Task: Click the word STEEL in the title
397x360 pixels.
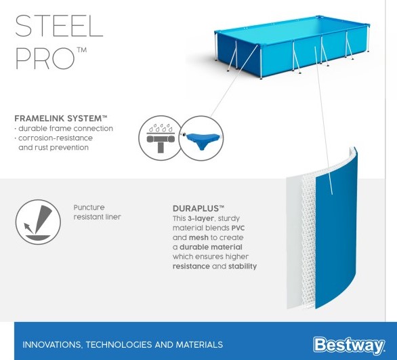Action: tap(59, 26)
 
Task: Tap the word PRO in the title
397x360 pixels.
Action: tap(45, 58)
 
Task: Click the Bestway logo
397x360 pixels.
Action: tap(349, 344)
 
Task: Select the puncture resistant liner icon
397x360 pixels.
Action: tap(38, 222)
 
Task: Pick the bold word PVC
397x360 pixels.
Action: tap(238, 228)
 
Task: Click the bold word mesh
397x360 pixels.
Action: tap(198, 238)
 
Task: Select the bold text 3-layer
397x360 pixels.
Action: tap(201, 218)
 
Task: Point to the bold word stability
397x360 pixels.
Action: tap(243, 266)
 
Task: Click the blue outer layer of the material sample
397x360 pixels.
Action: tap(336, 228)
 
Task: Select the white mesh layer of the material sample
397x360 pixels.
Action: tap(309, 241)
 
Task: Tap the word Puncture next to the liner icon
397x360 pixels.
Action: tap(89, 207)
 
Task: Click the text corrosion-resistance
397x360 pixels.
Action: tap(56, 138)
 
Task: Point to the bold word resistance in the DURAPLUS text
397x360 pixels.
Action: tap(191, 266)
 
